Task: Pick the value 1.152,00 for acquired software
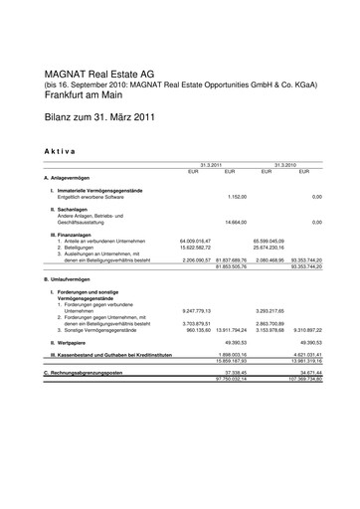(243, 196)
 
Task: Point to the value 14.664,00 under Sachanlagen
(242, 222)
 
